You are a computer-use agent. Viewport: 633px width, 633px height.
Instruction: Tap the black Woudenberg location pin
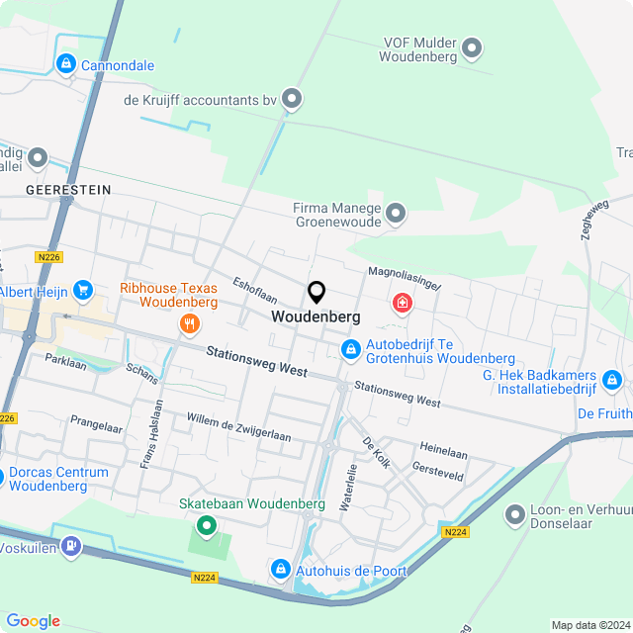pos(316,292)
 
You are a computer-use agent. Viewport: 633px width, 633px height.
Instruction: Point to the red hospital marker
pos(403,302)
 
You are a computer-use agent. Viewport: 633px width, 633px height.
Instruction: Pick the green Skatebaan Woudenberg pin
pos(207,525)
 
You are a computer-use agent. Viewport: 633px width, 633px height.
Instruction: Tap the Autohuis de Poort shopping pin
pos(280,570)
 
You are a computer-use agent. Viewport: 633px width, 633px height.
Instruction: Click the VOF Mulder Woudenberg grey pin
pos(473,46)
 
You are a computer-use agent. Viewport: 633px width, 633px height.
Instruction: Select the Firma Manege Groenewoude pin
pos(396,213)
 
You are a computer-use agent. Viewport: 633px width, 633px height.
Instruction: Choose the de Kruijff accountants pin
pos(292,97)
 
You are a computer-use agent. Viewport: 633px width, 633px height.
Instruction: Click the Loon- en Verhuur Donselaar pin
pos(514,514)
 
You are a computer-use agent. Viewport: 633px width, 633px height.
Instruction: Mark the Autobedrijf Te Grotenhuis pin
pos(350,349)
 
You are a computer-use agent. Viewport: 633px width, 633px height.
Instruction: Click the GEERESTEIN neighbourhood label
pos(68,189)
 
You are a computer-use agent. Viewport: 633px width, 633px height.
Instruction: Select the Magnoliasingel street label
pos(405,277)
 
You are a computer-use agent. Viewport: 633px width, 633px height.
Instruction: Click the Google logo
pos(33,621)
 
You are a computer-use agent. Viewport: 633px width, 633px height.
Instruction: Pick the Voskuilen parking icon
pos(69,546)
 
